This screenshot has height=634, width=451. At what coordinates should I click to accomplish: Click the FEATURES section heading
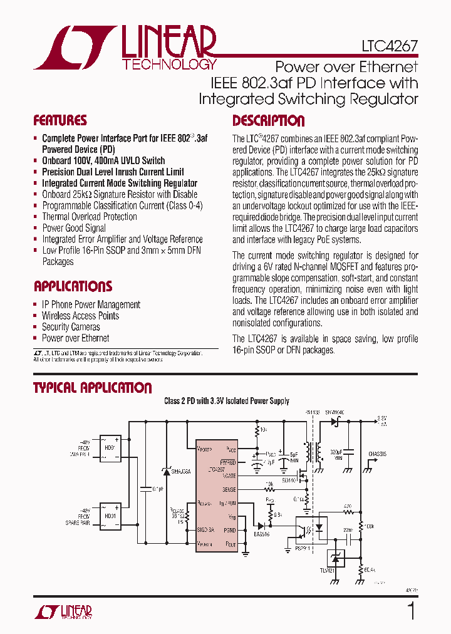click(x=60, y=121)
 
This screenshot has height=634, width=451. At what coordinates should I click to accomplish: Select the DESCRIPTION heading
click(x=269, y=121)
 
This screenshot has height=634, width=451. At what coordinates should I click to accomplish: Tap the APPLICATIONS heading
click(x=73, y=287)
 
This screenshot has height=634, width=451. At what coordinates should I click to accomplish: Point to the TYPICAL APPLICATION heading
click(x=92, y=388)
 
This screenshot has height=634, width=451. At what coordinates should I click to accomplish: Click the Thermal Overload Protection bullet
click(x=89, y=217)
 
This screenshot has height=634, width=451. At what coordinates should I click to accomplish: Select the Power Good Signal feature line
click(x=73, y=228)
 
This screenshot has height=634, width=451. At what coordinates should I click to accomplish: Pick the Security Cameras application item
click(x=71, y=327)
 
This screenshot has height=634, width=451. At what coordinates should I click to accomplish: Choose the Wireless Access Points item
click(x=80, y=316)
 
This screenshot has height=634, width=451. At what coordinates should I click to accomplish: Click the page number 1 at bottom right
click(x=411, y=611)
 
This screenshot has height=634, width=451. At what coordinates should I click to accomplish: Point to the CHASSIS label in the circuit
click(x=378, y=454)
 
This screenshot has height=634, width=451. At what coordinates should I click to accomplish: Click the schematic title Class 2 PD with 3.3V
click(x=226, y=401)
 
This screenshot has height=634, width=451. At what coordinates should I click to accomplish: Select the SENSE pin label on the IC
click(x=229, y=489)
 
